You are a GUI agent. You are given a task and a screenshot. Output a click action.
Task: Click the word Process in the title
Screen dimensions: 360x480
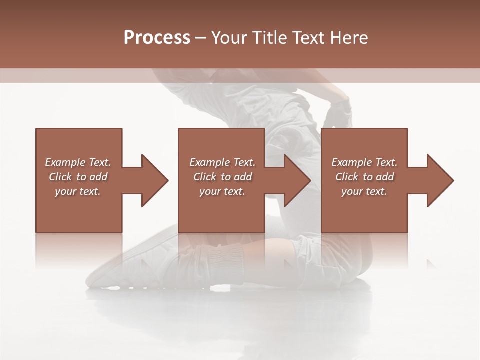[x=157, y=37]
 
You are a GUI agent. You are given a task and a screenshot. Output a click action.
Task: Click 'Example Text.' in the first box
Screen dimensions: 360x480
[x=78, y=162]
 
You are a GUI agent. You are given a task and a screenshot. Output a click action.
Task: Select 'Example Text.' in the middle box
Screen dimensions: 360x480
[x=222, y=162]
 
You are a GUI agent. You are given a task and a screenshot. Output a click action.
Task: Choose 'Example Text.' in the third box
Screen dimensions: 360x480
[x=364, y=162]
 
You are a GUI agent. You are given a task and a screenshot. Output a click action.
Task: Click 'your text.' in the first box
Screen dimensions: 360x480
[x=78, y=191]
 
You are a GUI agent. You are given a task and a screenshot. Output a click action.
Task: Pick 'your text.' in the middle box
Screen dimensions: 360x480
[x=222, y=191]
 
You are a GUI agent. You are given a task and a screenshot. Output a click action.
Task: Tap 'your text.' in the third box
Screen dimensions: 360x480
[x=364, y=191]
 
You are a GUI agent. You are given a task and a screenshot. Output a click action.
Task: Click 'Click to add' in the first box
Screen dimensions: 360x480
[x=78, y=177]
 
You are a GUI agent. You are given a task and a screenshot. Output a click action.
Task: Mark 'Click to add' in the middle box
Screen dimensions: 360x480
[x=222, y=177]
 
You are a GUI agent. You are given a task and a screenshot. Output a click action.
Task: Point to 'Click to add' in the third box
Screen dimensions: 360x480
[x=364, y=177]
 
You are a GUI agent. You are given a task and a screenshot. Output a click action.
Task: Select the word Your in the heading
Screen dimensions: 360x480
[x=229, y=37]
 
